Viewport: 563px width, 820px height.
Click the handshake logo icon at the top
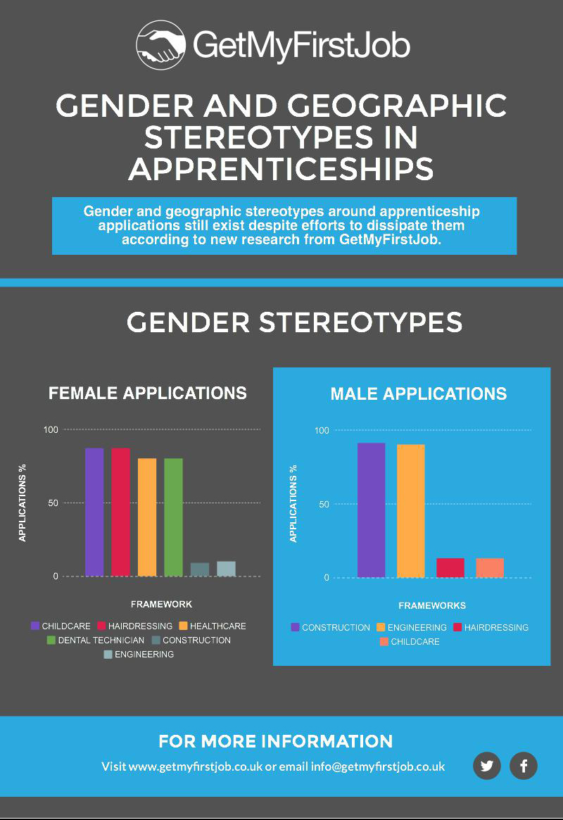pyautogui.click(x=160, y=44)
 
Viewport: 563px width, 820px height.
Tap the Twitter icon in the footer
pyautogui.click(x=486, y=766)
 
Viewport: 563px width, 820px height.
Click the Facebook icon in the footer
pyautogui.click(x=524, y=766)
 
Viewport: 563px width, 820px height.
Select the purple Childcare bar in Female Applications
pyautogui.click(x=94, y=512)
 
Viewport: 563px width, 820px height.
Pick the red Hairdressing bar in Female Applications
pyautogui.click(x=120, y=512)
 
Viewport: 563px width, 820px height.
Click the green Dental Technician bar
pyautogui.click(x=173, y=517)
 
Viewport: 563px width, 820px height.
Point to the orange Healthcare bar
pyautogui.click(x=147, y=517)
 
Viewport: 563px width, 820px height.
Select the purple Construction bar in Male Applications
pyautogui.click(x=371, y=510)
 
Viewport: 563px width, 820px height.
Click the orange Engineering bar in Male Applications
pyautogui.click(x=410, y=510)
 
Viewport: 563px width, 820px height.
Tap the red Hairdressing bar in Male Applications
pyautogui.click(x=450, y=567)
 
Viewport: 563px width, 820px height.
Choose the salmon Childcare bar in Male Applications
pyautogui.click(x=490, y=567)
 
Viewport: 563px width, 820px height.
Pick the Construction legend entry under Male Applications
pyautogui.click(x=330, y=627)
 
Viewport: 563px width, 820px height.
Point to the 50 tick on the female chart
pyautogui.click(x=53, y=503)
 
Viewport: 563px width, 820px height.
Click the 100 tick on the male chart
pyautogui.click(x=322, y=430)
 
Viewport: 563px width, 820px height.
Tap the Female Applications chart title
pyautogui.click(x=147, y=393)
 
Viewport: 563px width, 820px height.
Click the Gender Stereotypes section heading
pyautogui.click(x=294, y=322)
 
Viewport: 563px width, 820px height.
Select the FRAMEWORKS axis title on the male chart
pyautogui.click(x=431, y=605)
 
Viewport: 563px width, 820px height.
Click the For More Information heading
pyautogui.click(x=275, y=741)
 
